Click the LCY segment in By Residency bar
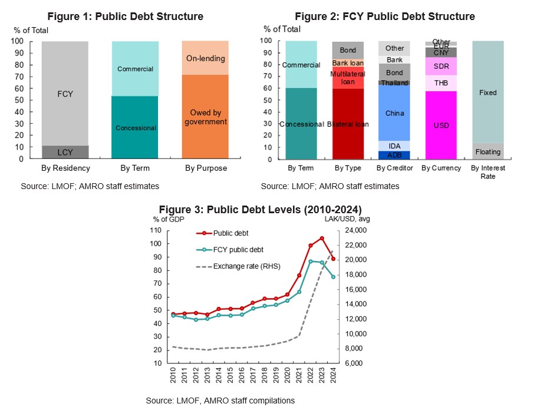(65, 152)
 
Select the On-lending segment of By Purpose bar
(206, 58)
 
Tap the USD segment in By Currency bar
(441, 125)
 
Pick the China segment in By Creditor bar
(394, 112)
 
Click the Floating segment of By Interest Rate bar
(487, 151)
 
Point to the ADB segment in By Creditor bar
(394, 155)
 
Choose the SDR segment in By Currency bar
(441, 66)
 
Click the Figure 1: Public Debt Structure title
(125, 16)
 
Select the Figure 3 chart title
(261, 209)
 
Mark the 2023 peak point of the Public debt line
(321, 238)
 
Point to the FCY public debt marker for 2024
(333, 277)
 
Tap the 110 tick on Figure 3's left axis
(156, 230)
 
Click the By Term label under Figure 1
(135, 168)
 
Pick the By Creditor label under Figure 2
(394, 168)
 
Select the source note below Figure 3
(220, 401)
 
